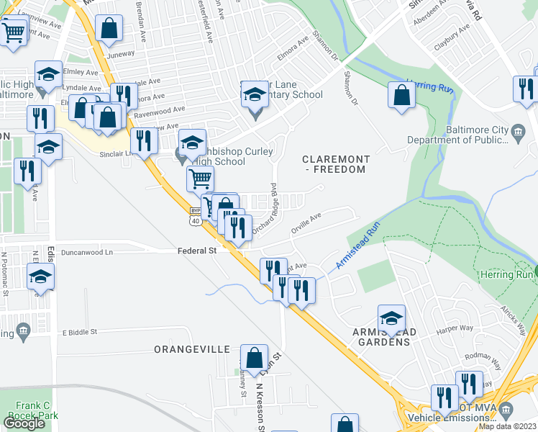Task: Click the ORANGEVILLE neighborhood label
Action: coord(191,349)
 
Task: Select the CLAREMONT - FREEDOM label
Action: coord(336,164)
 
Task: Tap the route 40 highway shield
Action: coord(196,221)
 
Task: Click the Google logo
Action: coord(24,423)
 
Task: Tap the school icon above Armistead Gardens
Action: coord(391,318)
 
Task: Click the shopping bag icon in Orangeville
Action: coord(254,357)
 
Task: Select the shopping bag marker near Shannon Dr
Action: coord(401,95)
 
